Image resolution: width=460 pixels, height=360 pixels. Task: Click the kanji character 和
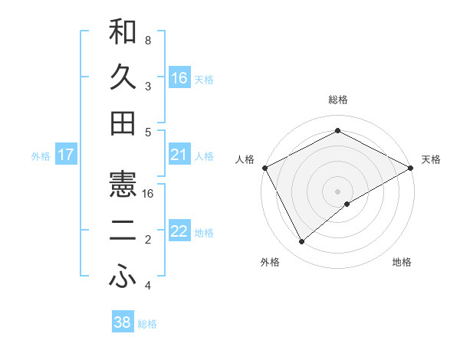coord(123,32)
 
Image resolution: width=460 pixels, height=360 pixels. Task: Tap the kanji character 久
coord(123,78)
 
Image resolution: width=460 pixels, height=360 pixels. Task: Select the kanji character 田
coord(123,123)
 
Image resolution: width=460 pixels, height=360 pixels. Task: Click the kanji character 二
coord(123,232)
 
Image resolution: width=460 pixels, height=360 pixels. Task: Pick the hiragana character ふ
coord(123,278)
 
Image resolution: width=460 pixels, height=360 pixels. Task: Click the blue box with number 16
coord(179,77)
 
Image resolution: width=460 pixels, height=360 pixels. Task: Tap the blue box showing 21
coord(179,155)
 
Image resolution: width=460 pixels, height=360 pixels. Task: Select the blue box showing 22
coord(179,232)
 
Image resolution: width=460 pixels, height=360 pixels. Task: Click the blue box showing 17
coord(65,155)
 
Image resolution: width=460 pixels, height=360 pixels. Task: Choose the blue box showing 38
coord(123,322)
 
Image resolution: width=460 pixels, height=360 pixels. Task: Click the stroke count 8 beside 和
coord(147,40)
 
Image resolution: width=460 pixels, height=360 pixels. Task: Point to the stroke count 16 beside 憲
coord(148,194)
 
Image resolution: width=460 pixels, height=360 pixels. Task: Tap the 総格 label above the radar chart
coord(337,100)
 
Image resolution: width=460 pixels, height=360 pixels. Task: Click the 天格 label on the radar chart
coord(431,159)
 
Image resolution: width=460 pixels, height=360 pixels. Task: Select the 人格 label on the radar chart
coord(245,159)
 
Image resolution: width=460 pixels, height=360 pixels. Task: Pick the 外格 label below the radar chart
coord(270,262)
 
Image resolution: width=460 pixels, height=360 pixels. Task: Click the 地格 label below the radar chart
coord(402,262)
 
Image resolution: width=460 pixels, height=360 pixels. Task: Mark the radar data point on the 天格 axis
coord(411,168)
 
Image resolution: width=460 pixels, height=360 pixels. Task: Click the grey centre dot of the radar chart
coord(337,191)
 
